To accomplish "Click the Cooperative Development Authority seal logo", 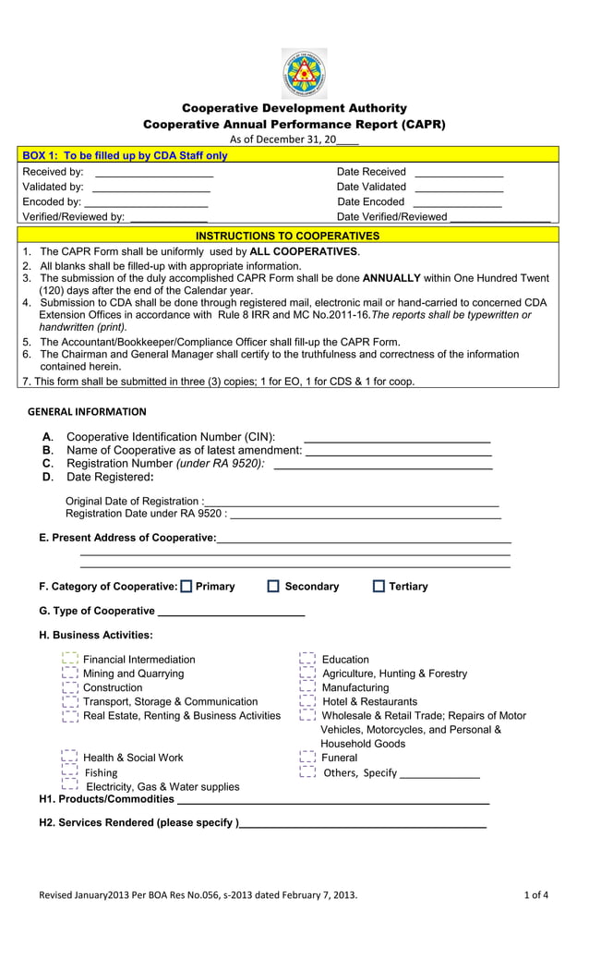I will [304, 73].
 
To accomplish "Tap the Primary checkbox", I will [187, 586].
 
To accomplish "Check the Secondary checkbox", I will [273, 586].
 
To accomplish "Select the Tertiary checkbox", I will [378, 586].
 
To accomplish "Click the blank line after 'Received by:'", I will [154, 173].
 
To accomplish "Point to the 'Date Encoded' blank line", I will [458, 202].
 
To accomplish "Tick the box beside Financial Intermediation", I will [69, 659].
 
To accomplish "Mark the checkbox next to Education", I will [307, 659].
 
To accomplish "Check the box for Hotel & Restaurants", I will [307, 701].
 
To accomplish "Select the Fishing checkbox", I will [69, 771].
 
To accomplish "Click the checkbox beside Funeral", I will [307, 758].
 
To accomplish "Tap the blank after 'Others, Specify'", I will [439, 774].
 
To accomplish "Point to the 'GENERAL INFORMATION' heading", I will [87, 412].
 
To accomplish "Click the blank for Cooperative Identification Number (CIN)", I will [397, 438].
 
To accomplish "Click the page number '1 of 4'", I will [536, 894].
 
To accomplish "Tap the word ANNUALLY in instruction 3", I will [392, 278].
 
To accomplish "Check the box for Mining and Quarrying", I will [69, 674].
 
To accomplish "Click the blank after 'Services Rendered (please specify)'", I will [362, 823].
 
